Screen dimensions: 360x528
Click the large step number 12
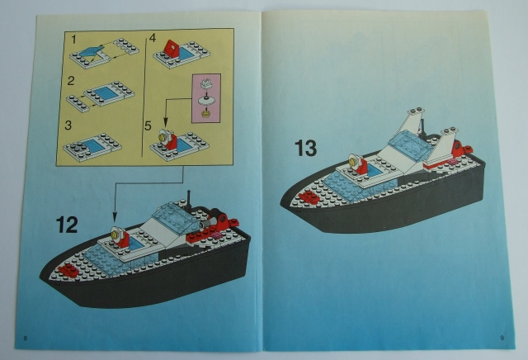coord(67,225)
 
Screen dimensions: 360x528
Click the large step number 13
coord(305,149)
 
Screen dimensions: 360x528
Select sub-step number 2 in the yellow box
coord(73,81)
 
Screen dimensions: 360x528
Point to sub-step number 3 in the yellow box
coord(73,124)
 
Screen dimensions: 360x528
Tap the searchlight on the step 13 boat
coord(356,162)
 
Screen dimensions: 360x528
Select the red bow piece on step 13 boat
coord(310,197)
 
